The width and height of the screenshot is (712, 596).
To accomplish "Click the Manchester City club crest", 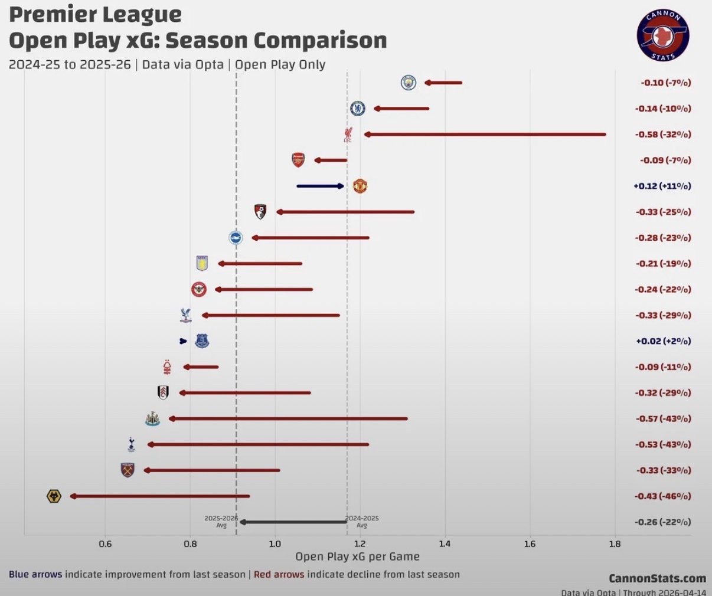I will pyautogui.click(x=408, y=83).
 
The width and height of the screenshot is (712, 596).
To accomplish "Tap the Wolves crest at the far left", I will pyautogui.click(x=54, y=496).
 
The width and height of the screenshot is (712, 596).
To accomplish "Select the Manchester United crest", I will pyautogui.click(x=360, y=186).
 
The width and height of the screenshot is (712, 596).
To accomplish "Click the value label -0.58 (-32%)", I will pyautogui.click(x=663, y=135).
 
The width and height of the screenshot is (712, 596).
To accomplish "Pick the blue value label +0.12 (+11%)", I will pyautogui.click(x=662, y=186).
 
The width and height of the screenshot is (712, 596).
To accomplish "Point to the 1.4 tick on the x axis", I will pyautogui.click(x=445, y=543).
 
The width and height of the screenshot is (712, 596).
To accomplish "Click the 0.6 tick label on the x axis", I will pyautogui.click(x=105, y=543).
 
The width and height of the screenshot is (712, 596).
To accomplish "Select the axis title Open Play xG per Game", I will pyautogui.click(x=357, y=556).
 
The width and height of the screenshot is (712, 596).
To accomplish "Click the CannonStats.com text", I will pyautogui.click(x=657, y=578).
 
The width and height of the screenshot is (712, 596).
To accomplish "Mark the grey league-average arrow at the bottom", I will pyautogui.click(x=293, y=522).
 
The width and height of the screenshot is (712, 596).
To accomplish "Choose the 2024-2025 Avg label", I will pyautogui.click(x=362, y=521).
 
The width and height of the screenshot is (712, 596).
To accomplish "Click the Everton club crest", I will pyautogui.click(x=202, y=341).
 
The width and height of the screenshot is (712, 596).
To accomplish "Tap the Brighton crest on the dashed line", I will pyautogui.click(x=236, y=238).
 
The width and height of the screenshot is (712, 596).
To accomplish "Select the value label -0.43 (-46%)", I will pyautogui.click(x=662, y=496).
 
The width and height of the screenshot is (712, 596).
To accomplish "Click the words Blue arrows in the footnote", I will pyautogui.click(x=35, y=574).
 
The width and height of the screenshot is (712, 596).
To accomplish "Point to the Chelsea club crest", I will pyautogui.click(x=358, y=109).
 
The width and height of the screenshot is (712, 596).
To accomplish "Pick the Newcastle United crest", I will pyautogui.click(x=152, y=419).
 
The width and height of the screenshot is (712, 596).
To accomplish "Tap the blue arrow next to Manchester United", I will pyautogui.click(x=320, y=186).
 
